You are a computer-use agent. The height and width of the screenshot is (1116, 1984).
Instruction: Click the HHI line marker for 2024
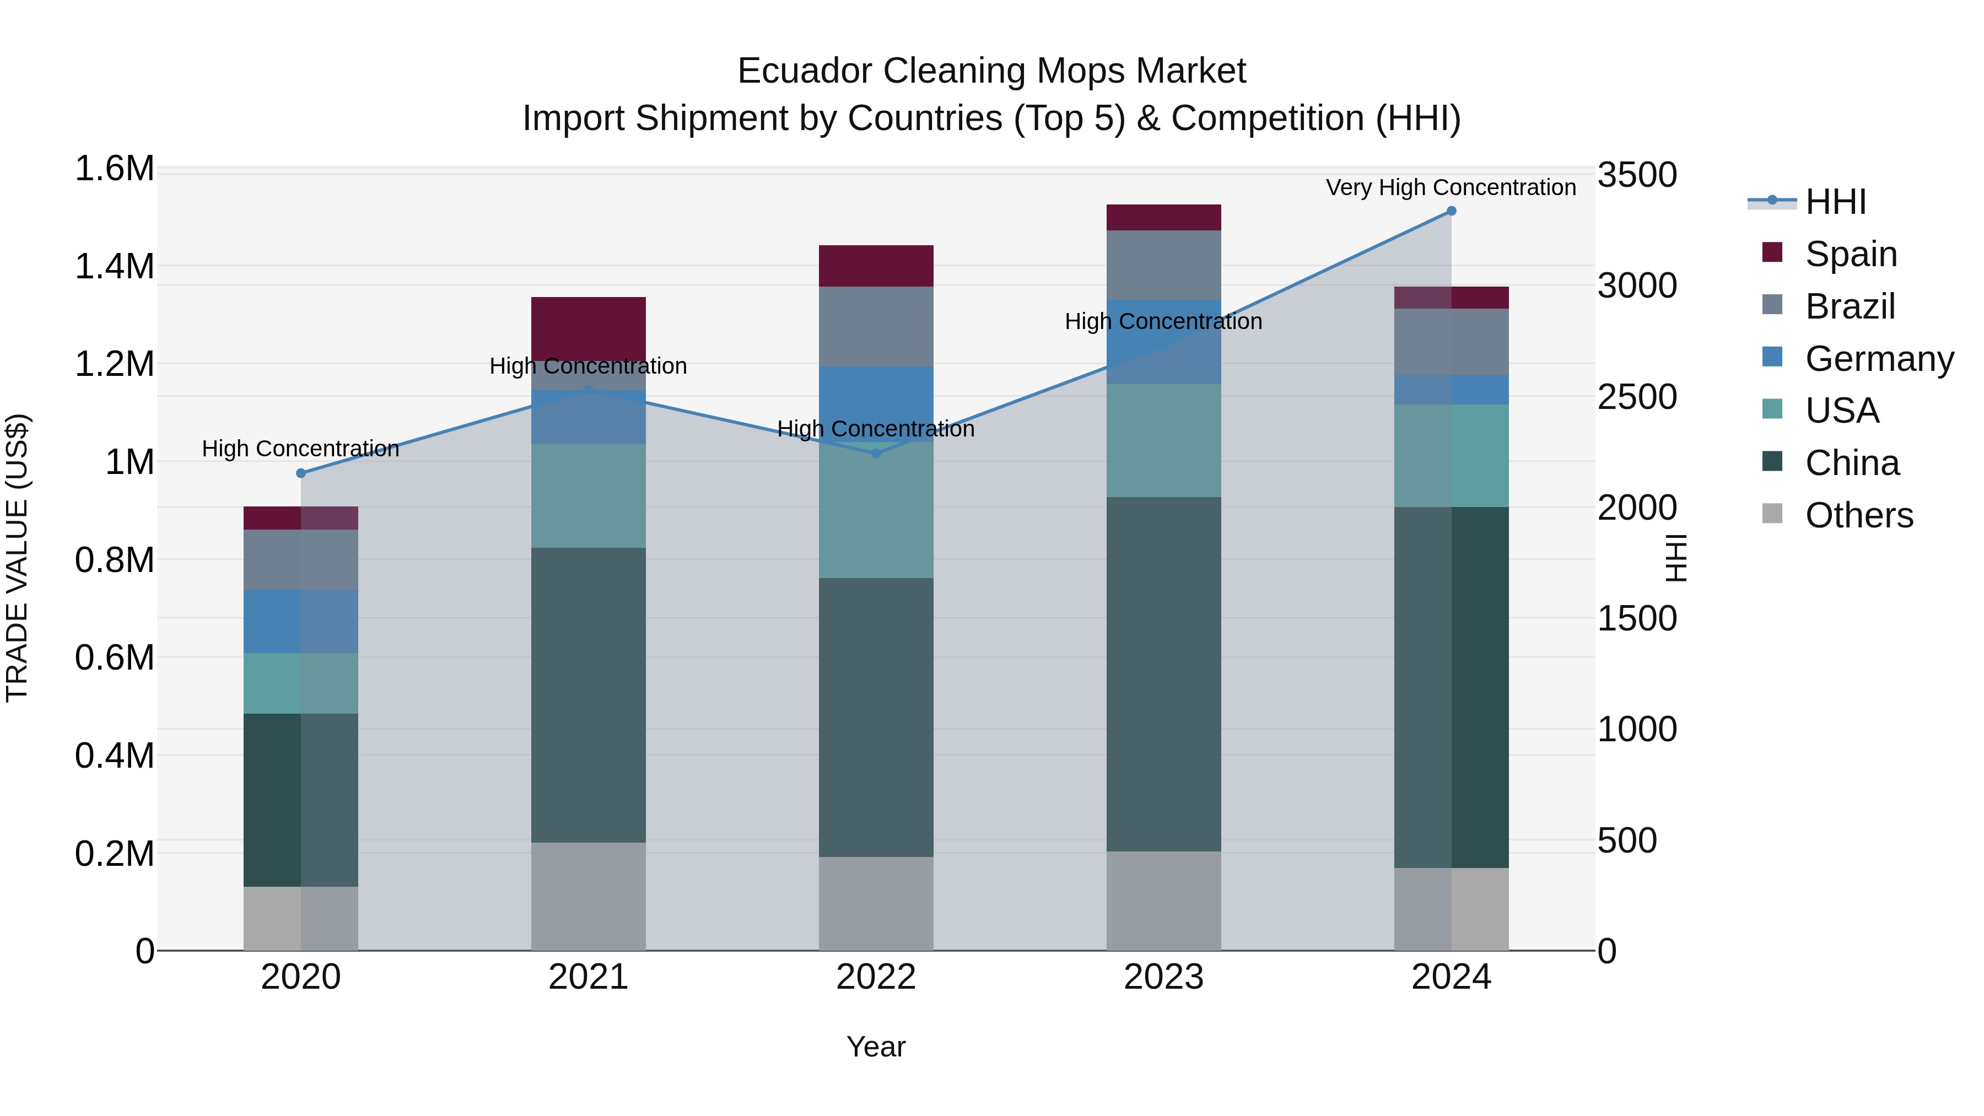tap(1451, 211)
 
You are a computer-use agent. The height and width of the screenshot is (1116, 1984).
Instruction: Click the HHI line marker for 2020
tap(301, 473)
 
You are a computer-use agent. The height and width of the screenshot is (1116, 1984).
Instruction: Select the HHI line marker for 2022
tap(876, 454)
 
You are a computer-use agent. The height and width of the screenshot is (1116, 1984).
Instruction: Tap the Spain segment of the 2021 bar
tap(589, 327)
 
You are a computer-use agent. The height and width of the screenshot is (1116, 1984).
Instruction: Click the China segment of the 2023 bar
tap(1164, 674)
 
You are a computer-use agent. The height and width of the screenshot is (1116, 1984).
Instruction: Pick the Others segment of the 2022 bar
tap(876, 903)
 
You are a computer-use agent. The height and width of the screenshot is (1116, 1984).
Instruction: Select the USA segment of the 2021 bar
tap(589, 496)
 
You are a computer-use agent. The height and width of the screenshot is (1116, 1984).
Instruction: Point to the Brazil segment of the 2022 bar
tap(876, 327)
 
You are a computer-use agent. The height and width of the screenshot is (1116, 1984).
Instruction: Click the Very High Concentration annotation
tap(1451, 187)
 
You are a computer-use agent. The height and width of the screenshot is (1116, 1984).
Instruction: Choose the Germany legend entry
tap(1879, 359)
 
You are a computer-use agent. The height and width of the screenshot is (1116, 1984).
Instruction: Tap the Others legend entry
tap(1858, 515)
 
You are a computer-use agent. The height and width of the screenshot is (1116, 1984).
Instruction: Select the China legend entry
tap(1852, 463)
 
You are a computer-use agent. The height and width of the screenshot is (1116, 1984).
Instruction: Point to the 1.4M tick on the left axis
tap(115, 267)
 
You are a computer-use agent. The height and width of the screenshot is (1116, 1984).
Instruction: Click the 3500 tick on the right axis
tap(1637, 175)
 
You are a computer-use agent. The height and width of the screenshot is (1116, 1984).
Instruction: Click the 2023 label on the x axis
tap(1164, 977)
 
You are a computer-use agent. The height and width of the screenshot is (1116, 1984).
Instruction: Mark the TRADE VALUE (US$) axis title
tap(17, 558)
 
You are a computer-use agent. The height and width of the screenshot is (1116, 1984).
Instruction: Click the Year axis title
tap(876, 1047)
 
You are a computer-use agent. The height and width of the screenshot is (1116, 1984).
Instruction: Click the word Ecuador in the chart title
tap(804, 71)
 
